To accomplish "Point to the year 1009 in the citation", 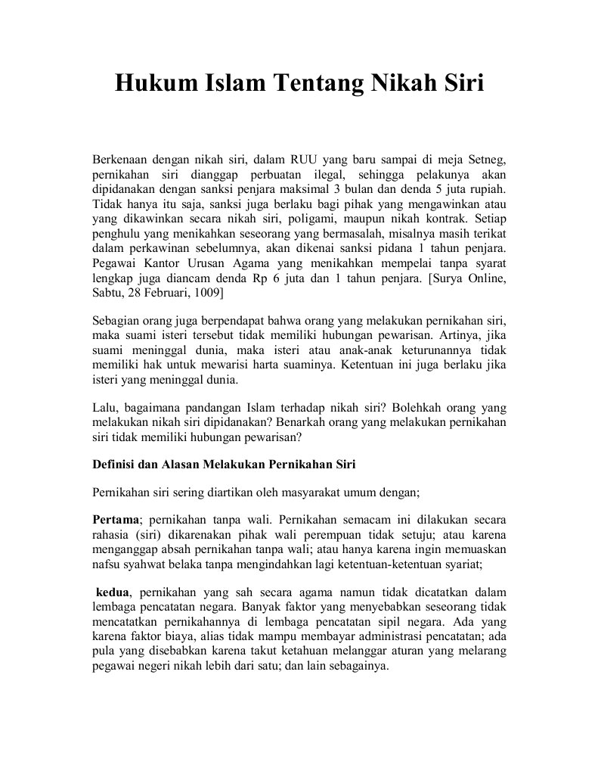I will point(211,292).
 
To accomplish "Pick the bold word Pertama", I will point(116,521).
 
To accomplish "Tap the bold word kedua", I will point(113,592).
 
